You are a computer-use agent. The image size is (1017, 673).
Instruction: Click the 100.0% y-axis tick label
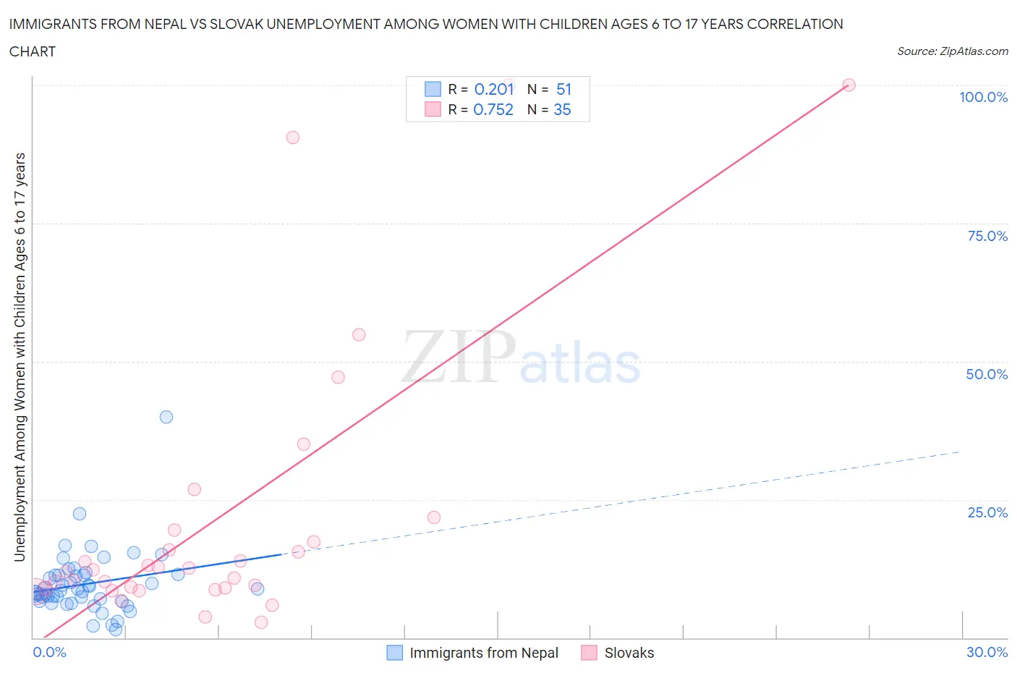[x=983, y=97]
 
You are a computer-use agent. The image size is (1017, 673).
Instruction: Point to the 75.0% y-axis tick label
[x=987, y=236]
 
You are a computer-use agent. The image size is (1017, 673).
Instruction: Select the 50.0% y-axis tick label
[x=987, y=374]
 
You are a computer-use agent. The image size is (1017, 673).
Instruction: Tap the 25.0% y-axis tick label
[x=987, y=512]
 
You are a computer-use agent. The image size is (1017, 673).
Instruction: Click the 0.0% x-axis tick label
[x=49, y=652]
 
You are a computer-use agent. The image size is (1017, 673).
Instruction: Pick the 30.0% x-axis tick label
[x=987, y=652]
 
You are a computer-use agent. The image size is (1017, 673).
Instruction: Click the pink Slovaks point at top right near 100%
[x=849, y=85]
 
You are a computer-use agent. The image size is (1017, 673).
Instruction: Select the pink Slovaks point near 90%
[x=293, y=137]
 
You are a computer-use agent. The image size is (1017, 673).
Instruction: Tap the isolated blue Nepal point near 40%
[x=166, y=417]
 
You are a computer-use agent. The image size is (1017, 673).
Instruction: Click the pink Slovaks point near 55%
[x=359, y=334]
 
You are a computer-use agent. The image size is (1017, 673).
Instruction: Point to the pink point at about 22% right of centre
[x=434, y=517]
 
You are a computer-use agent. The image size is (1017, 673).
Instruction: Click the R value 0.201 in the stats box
[x=494, y=89]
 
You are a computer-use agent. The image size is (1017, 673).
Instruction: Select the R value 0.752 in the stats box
[x=493, y=109]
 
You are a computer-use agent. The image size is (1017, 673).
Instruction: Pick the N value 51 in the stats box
[x=564, y=89]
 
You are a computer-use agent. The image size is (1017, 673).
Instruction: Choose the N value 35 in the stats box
[x=562, y=109]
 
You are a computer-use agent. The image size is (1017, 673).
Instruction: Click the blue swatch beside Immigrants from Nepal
[x=394, y=653]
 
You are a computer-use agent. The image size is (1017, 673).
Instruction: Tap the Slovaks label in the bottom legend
[x=629, y=653]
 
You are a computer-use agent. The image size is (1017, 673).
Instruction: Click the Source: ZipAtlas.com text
[x=952, y=51]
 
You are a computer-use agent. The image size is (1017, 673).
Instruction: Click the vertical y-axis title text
[x=20, y=357]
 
